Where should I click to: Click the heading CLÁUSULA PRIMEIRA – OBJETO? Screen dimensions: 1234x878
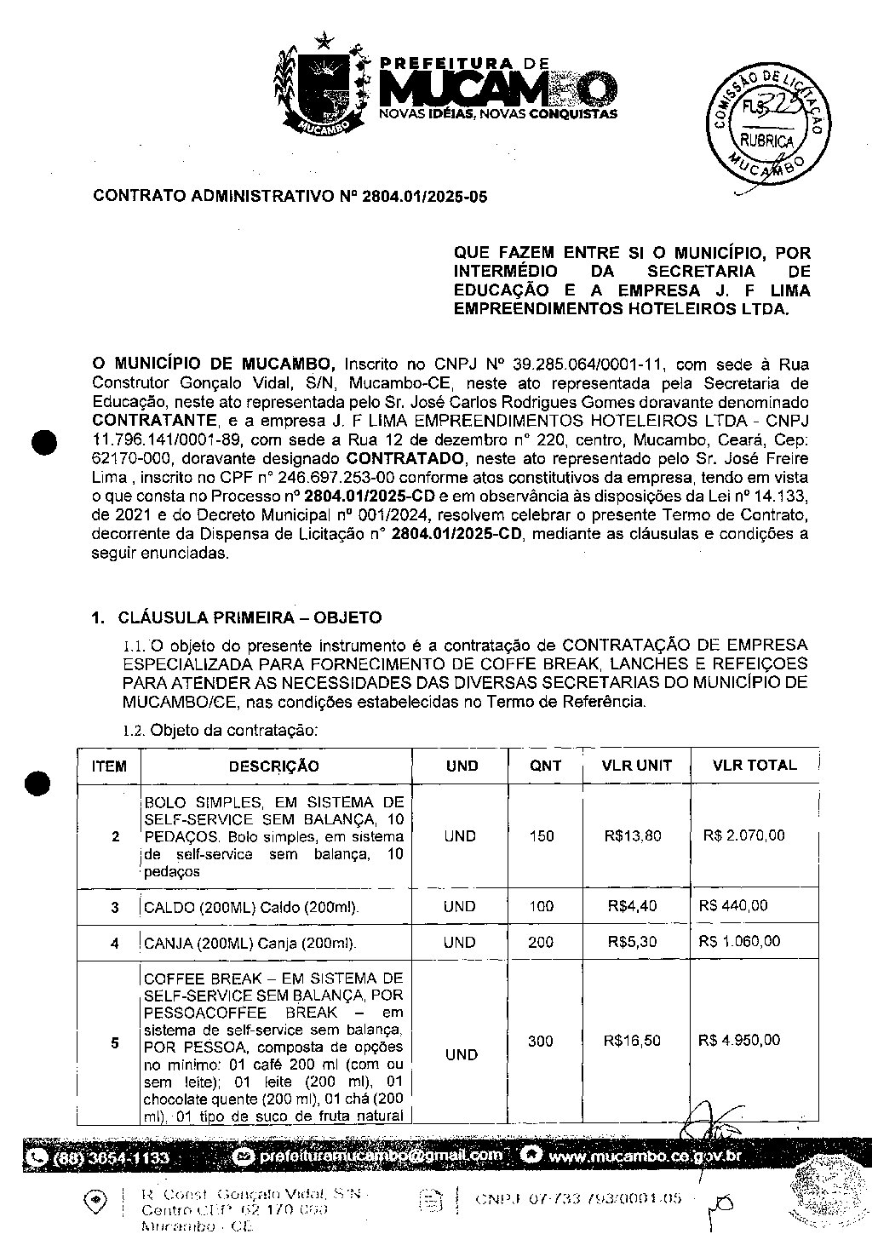250,617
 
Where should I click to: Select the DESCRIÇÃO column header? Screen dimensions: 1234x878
273,766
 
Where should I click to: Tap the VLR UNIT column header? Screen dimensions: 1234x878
636,765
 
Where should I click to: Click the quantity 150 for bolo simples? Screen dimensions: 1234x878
542,836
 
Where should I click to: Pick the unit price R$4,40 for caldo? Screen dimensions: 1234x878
632,906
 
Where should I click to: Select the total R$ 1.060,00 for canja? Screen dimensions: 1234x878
738,941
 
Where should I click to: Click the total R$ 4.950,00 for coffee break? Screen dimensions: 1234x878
738,1040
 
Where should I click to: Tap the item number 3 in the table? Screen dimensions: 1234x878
115,908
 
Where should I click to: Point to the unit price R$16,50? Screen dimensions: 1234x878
632,1041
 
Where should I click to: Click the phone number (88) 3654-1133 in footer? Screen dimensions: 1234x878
112,1158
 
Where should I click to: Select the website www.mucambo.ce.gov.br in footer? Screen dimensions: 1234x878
645,1157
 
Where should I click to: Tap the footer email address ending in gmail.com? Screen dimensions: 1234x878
380,1156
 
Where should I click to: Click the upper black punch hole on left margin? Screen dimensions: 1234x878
41,443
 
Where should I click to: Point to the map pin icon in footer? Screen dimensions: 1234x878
97,1200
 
